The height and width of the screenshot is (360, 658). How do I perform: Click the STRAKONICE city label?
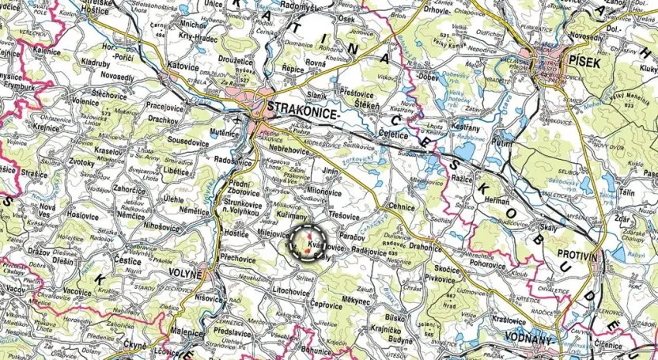[x=304, y=108]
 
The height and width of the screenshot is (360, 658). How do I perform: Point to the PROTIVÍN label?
[x=580, y=254]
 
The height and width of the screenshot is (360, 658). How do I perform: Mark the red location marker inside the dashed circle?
[x=308, y=243]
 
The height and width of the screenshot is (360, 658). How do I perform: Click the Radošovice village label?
[x=233, y=158]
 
